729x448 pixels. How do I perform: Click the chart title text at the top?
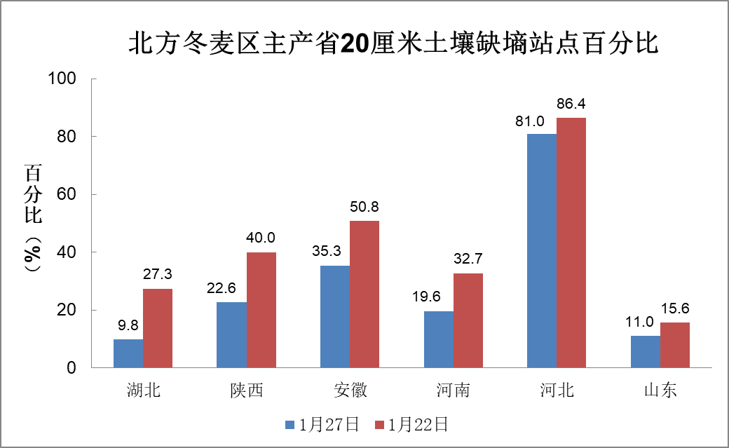tap(393, 44)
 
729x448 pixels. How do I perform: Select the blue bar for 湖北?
tap(128, 353)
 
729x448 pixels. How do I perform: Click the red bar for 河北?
tap(571, 243)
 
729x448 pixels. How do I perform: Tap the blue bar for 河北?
tap(542, 250)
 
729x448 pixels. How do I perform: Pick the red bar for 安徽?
tap(364, 294)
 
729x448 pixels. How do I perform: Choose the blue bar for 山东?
tap(646, 351)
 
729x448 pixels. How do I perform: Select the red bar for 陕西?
tap(261, 310)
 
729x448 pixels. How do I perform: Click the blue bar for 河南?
tap(438, 339)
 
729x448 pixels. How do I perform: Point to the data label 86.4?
tap(571, 104)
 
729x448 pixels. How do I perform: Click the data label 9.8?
tap(128, 326)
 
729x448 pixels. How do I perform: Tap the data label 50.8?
tap(364, 208)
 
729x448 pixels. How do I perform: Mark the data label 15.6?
tap(675, 309)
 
